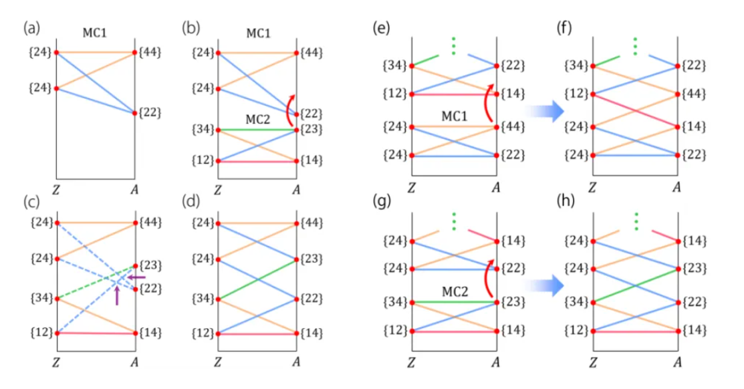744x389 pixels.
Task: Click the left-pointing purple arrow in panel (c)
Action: click(x=136, y=277)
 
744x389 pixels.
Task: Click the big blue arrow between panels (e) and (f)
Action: click(x=540, y=107)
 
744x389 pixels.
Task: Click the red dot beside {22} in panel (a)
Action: click(x=135, y=113)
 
